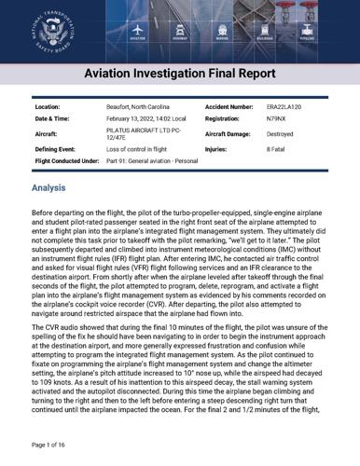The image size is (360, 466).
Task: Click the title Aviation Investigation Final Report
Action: tap(179, 73)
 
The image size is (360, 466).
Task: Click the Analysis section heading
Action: tap(48, 187)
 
